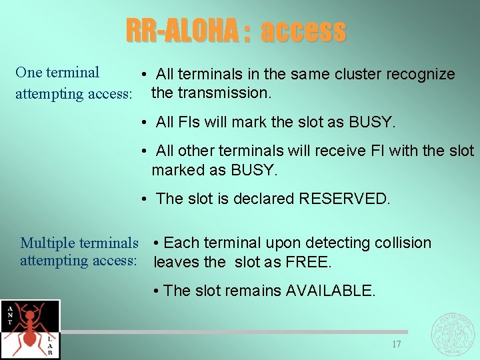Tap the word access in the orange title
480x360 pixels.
pyautogui.click(x=303, y=31)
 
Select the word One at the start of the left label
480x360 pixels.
pyautogui.click(x=29, y=73)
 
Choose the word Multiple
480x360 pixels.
pyautogui.click(x=46, y=243)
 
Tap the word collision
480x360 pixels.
pyautogui.click(x=402, y=243)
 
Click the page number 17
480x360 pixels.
pyautogui.click(x=396, y=345)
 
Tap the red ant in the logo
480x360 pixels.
pyautogui.click(x=30, y=327)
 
